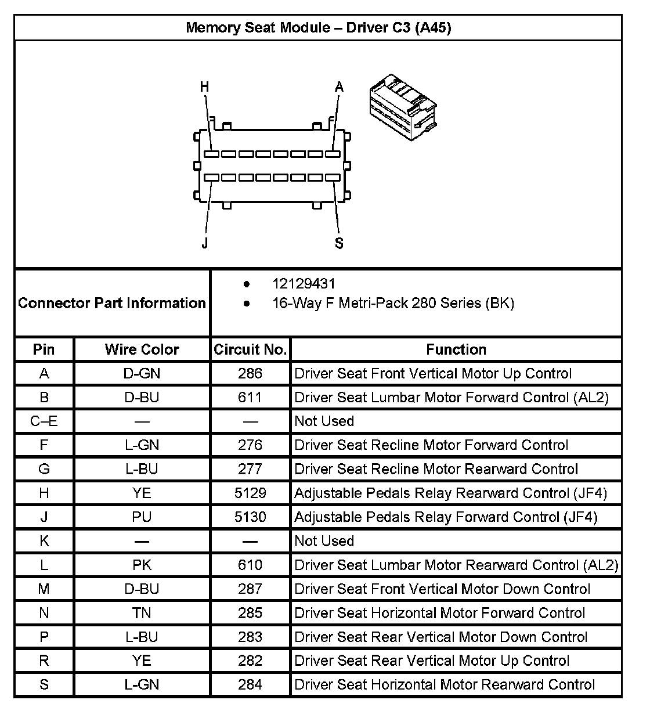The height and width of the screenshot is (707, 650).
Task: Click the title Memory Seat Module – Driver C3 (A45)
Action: (318, 27)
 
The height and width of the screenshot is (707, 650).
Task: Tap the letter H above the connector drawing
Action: (204, 87)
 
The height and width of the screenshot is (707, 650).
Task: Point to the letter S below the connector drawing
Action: (339, 243)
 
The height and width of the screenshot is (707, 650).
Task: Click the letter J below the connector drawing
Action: (204, 243)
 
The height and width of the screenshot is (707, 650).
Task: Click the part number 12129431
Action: (304, 284)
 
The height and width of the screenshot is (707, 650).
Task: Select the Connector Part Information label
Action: (112, 303)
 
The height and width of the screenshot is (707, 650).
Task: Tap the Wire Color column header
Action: (142, 349)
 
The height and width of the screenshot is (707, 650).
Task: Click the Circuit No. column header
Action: (250, 349)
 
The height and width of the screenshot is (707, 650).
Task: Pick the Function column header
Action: (456, 349)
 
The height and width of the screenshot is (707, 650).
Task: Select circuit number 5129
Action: (250, 493)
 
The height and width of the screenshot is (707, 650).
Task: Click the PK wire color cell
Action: (142, 565)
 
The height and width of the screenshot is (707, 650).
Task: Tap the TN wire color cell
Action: (142, 613)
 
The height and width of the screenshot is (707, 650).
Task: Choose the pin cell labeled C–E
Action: (44, 421)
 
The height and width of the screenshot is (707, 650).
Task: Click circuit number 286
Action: (250, 373)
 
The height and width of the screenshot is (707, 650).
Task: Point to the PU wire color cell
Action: (142, 517)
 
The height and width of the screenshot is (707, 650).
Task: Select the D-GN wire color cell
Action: (142, 373)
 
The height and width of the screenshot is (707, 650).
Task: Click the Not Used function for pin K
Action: (324, 541)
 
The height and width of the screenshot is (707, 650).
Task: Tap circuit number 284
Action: (250, 684)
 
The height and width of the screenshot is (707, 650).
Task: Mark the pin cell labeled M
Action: (44, 589)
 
